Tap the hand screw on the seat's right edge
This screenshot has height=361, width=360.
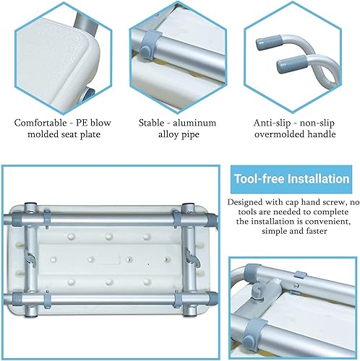[x=192, y=253]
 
